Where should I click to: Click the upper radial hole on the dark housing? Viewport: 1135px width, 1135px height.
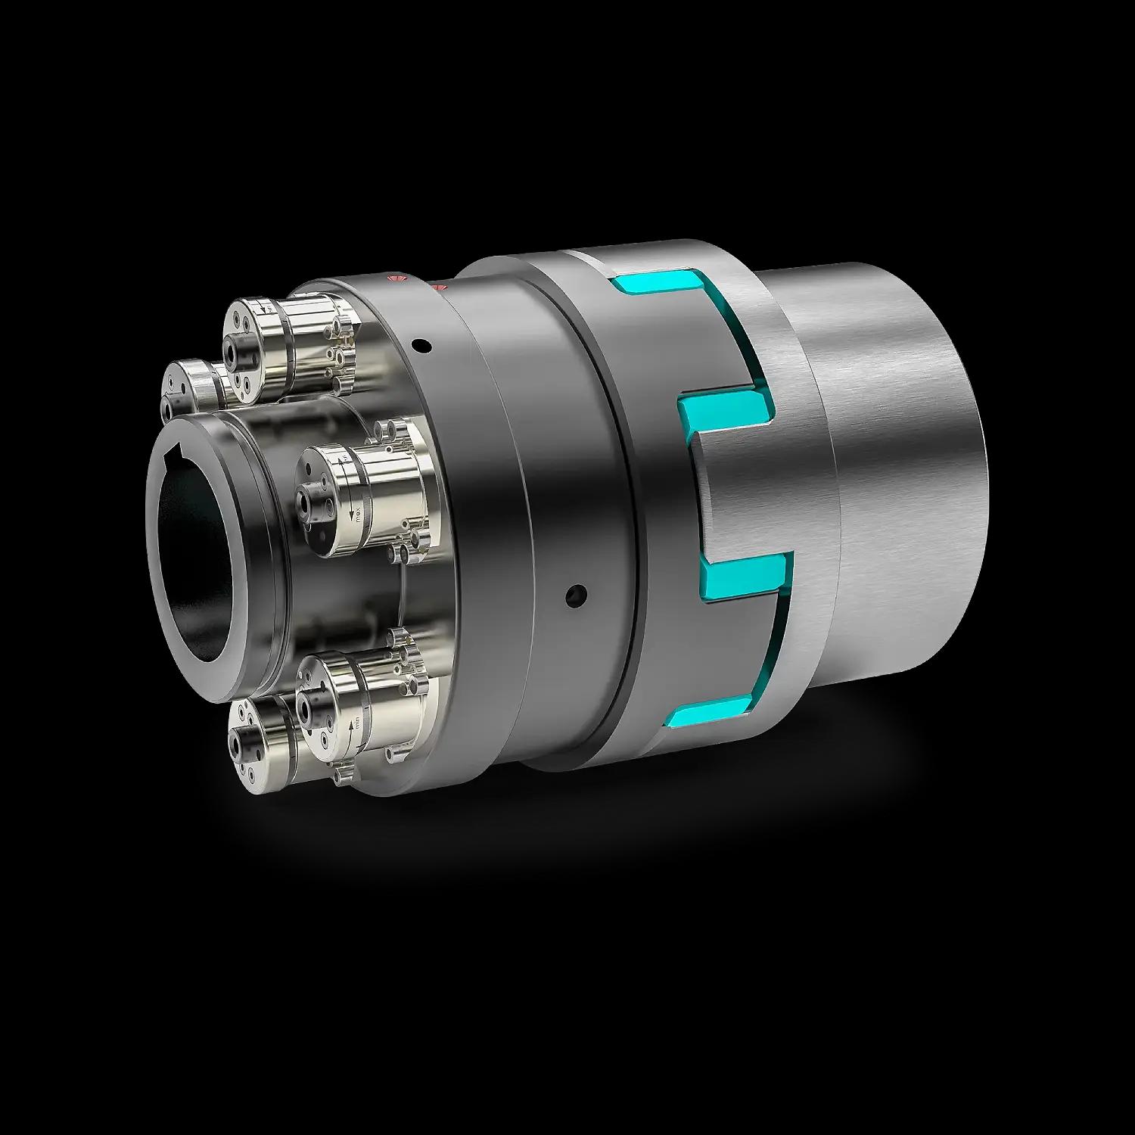tap(422, 347)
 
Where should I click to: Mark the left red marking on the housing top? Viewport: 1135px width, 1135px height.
tap(393, 279)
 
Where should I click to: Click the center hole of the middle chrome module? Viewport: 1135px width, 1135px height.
tap(306, 499)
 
